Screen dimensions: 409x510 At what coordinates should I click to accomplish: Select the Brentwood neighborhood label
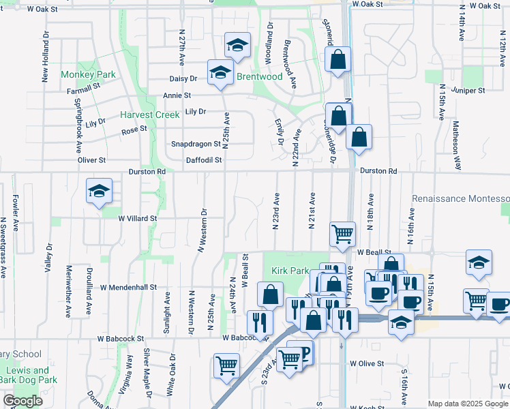click(x=259, y=77)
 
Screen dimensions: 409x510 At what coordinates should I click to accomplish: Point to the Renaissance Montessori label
click(x=460, y=198)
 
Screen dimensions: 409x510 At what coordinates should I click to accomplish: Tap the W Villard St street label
click(x=138, y=219)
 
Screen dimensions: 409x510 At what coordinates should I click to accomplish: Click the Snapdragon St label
click(x=196, y=144)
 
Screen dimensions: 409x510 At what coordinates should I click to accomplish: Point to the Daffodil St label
click(x=204, y=161)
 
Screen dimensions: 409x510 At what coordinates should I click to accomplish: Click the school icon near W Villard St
click(x=99, y=192)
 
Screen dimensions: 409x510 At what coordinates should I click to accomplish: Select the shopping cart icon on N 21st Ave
click(x=342, y=234)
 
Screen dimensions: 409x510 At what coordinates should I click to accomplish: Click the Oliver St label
click(x=92, y=160)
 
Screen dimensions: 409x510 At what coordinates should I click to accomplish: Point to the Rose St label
click(x=134, y=129)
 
